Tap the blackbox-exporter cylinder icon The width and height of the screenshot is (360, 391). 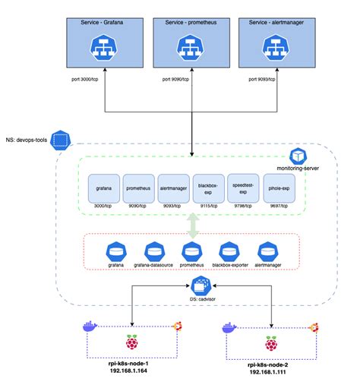coord(229,250)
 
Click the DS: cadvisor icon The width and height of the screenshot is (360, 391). coord(201,286)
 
